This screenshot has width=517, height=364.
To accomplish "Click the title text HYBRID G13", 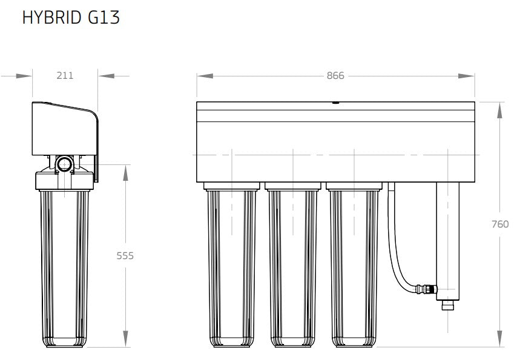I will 70,18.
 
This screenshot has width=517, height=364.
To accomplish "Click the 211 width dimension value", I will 65,76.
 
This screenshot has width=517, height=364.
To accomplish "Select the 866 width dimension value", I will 335,76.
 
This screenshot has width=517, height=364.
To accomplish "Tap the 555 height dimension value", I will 125,256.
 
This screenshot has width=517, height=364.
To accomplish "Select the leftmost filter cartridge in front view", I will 231,267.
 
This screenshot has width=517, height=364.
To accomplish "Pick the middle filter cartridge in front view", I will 294,267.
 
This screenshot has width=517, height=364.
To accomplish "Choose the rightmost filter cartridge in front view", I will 355,267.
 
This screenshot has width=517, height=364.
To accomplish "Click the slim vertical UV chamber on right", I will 447,237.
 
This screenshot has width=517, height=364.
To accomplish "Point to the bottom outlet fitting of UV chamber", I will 447,303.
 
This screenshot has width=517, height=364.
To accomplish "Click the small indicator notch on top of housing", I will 335,103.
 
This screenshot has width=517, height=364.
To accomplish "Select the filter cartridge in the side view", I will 64,267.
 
